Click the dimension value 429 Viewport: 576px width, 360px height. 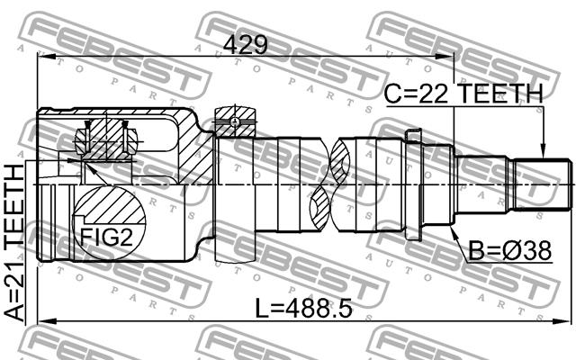click(x=246, y=46)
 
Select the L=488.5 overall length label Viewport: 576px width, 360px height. click(x=303, y=309)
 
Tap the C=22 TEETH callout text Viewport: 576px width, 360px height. click(x=463, y=94)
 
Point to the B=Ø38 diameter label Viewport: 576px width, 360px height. click(x=510, y=251)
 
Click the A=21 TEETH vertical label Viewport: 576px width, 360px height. click(x=14, y=243)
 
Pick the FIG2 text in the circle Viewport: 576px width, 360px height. click(x=106, y=237)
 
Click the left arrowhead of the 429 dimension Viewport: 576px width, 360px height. click(x=46, y=56)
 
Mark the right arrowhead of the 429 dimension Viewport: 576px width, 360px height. click(x=445, y=56)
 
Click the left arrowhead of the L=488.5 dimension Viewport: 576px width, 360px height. click(x=48, y=321)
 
